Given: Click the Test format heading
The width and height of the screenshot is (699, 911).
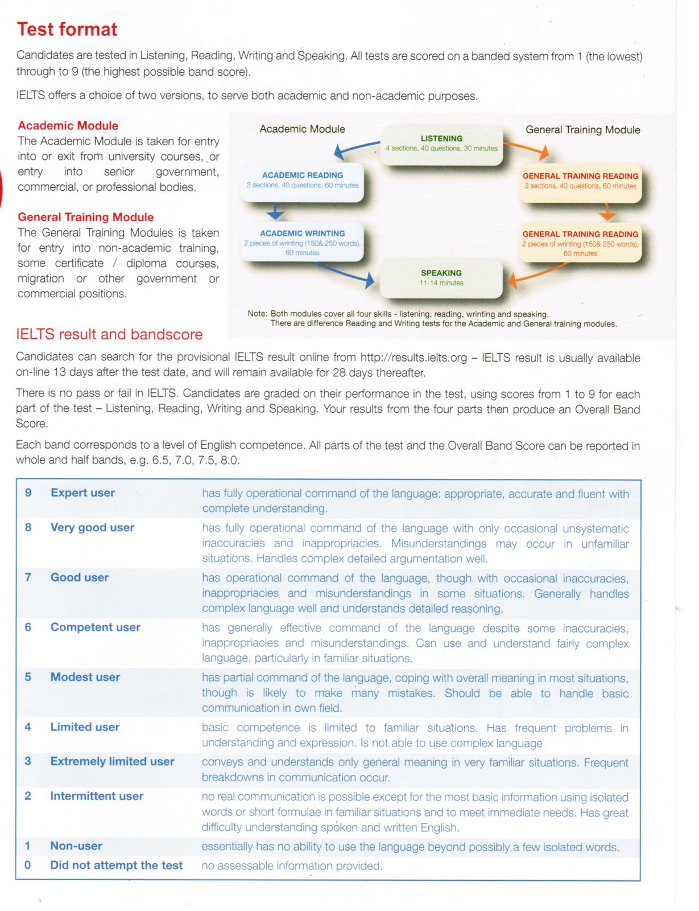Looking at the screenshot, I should click(67, 29).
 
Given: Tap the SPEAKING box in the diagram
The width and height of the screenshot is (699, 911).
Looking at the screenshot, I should click(441, 278).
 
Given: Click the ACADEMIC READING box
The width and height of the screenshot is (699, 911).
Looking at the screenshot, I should click(302, 180).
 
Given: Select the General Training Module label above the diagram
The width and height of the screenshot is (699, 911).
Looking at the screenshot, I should click(582, 130).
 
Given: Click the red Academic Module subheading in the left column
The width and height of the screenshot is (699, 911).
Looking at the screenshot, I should click(68, 126).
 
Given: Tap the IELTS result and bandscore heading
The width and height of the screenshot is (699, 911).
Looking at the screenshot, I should click(109, 334).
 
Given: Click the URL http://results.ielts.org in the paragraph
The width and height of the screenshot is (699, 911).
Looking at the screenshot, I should click(413, 358).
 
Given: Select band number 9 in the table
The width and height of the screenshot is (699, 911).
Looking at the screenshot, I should click(28, 493).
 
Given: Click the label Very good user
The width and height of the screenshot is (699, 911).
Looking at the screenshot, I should click(92, 527).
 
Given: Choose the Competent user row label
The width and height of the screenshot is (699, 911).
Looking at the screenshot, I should click(95, 627).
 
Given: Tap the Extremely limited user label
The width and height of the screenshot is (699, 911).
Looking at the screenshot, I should click(112, 762).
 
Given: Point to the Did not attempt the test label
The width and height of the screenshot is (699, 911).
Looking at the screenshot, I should click(116, 865).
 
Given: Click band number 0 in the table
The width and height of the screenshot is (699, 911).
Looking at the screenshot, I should click(27, 865).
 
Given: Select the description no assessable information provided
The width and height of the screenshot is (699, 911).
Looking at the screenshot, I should click(292, 866).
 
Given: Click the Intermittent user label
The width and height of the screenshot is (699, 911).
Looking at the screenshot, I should click(97, 797).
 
